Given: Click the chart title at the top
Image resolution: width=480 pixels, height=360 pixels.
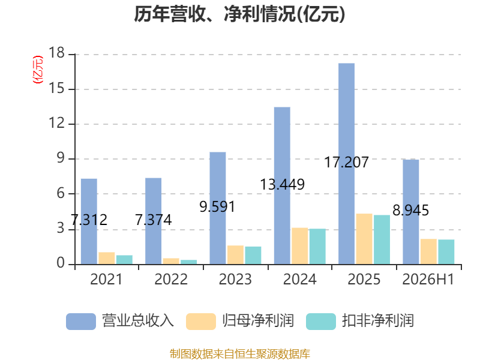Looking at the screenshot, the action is (x=239, y=14).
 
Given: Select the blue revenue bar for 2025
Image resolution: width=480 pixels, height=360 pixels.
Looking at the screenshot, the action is (x=347, y=164).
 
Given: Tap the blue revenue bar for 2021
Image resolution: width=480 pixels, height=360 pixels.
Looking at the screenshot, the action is (x=89, y=221).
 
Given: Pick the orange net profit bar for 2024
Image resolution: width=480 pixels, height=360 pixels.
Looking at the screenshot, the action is (x=299, y=246).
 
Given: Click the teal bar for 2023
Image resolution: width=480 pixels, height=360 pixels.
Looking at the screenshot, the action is (x=253, y=256).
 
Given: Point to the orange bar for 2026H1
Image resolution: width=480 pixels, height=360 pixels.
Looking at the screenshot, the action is (x=428, y=251).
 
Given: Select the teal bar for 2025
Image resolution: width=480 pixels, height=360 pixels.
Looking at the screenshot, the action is (x=382, y=239).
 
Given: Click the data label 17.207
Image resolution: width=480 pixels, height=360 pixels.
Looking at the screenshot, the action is (x=346, y=162).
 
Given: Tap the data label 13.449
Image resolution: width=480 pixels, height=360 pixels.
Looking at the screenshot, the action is (x=282, y=185).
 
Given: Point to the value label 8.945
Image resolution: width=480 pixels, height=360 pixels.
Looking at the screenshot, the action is (x=410, y=211).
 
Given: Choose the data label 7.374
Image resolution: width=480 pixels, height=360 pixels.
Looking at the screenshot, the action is (x=154, y=220).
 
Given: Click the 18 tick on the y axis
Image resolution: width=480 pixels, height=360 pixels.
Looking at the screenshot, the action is (x=56, y=53).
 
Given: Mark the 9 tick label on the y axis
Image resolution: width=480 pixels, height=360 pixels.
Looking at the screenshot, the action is (x=61, y=158).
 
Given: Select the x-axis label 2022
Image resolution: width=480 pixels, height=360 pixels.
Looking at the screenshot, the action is (x=171, y=280).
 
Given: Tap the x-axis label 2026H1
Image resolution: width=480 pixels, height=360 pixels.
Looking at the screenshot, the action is (x=428, y=280).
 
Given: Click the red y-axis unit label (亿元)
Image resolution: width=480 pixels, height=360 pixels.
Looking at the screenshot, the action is (x=38, y=70).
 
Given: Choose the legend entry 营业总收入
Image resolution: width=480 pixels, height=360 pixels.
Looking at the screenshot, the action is (x=120, y=321).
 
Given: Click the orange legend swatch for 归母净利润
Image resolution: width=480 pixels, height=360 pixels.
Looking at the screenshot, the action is (x=201, y=322).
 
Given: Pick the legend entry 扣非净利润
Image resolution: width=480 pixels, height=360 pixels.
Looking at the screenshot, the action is (x=360, y=321).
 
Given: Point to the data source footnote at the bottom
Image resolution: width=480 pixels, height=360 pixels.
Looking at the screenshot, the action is (x=240, y=354).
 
